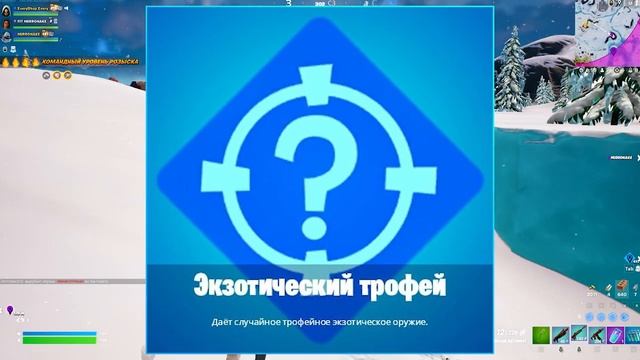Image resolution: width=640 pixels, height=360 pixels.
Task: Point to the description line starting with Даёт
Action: (319, 322)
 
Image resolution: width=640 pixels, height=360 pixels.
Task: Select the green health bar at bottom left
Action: (61, 340)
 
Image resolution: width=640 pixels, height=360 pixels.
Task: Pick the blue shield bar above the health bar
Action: (61, 332)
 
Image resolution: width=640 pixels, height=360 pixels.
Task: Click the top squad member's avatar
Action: (7, 8)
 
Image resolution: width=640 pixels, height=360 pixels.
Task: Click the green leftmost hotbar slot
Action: (541, 333)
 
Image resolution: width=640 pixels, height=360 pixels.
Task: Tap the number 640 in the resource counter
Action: (622, 295)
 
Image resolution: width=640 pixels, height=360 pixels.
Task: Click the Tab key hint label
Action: (627, 269)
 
